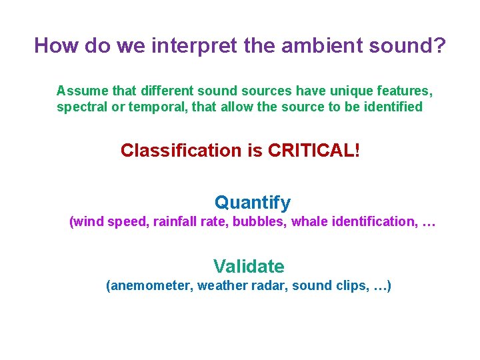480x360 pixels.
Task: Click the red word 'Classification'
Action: point(182,151)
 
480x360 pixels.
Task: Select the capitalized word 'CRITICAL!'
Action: point(313,151)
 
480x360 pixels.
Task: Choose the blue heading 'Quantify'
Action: point(252,203)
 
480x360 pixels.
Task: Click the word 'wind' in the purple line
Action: point(89,222)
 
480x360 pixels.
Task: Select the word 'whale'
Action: point(309,222)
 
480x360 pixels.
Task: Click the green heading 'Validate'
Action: point(249,267)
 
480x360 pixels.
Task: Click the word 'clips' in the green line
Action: point(349,286)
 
